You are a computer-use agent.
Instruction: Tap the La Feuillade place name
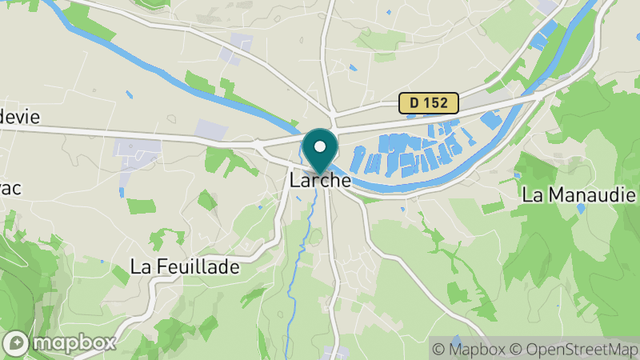coord(185,267)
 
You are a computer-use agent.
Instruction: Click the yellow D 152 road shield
coord(429,102)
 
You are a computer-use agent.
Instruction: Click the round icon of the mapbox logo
coord(18,342)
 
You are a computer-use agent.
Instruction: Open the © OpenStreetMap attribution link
coord(572,349)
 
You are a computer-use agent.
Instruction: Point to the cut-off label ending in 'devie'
coord(18,116)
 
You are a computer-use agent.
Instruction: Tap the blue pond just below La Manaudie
coord(581,208)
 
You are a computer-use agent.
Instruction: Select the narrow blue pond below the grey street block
coord(122,192)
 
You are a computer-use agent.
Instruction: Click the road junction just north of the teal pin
coord(330,126)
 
